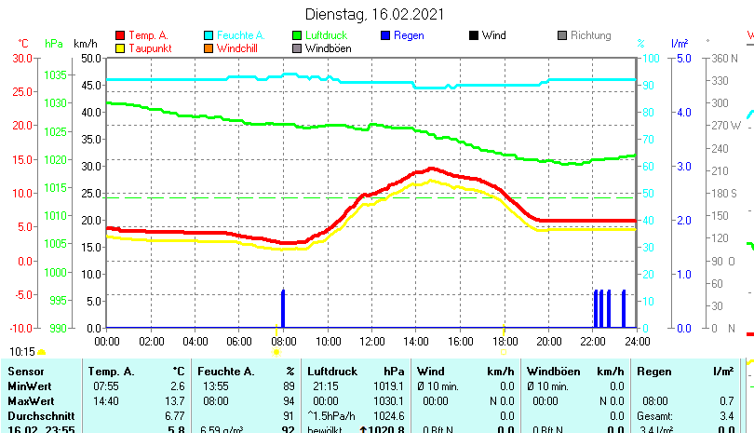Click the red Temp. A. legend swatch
[x=119, y=35]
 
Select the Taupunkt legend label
[x=147, y=48]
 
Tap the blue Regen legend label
[x=409, y=35]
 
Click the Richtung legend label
[x=590, y=35]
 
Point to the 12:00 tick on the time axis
[x=371, y=341]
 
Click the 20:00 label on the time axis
[x=548, y=341]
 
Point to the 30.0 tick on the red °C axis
[x=23, y=58]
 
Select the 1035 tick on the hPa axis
[x=55, y=74]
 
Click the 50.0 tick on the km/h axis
[x=90, y=58]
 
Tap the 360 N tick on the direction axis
[x=723, y=58]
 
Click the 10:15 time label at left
[x=22, y=351]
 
